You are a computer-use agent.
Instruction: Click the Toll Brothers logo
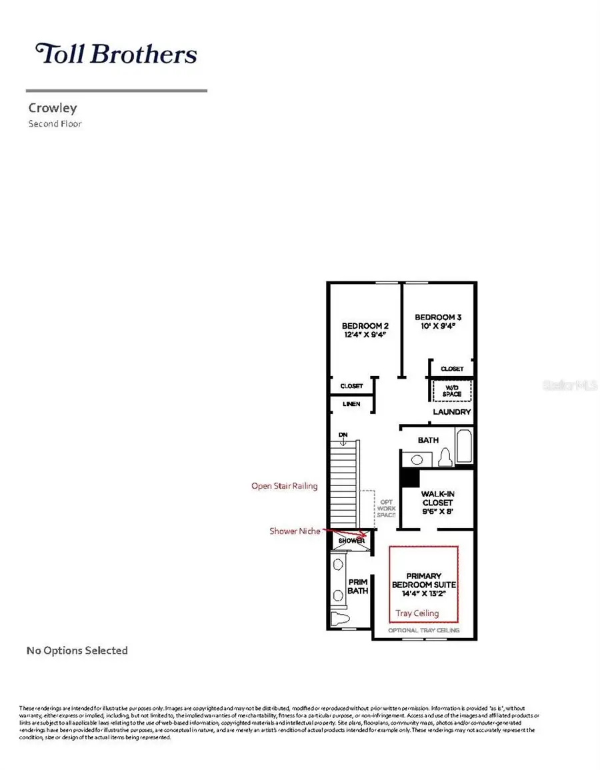[117, 54]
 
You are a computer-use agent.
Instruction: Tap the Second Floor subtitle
[55, 123]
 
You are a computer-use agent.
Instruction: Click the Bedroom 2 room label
[364, 330]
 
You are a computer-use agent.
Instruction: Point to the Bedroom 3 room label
[437, 322]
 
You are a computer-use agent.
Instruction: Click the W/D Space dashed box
[452, 391]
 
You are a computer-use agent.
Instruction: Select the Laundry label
[452, 412]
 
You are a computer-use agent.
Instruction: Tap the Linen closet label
[351, 404]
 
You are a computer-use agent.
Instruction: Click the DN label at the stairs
[343, 435]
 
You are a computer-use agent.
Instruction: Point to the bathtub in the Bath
[464, 447]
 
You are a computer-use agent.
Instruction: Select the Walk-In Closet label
[437, 503]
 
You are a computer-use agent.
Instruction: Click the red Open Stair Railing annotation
[284, 486]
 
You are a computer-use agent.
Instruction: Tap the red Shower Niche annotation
[295, 531]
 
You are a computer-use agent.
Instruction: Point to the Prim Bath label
[358, 586]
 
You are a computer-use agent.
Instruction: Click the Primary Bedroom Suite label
[424, 585]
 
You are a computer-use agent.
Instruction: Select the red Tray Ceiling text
[417, 613]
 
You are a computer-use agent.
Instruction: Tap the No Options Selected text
[77, 650]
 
